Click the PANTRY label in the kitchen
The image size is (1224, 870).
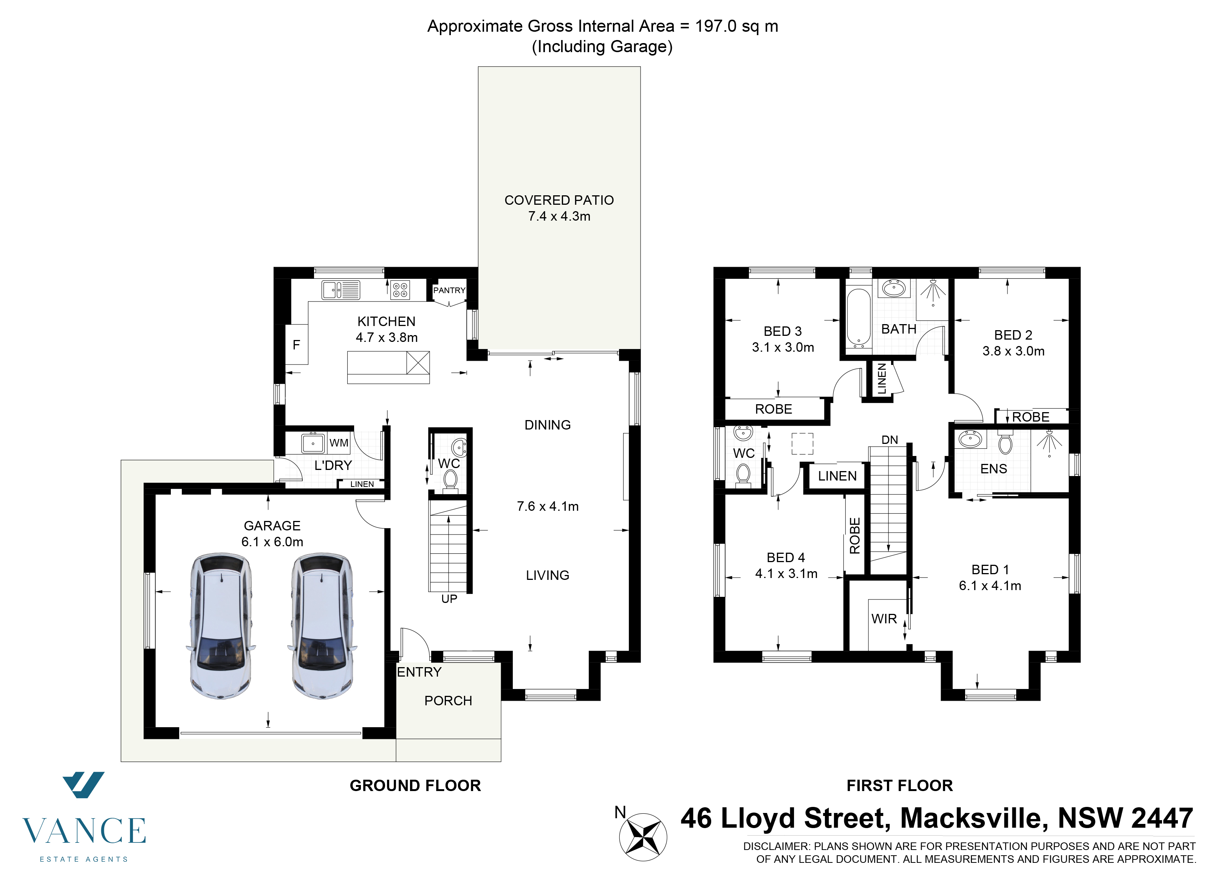pos(449,291)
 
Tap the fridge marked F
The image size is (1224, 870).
pos(296,345)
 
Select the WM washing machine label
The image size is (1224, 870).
pos(339,443)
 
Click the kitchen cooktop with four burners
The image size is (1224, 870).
pos(400,290)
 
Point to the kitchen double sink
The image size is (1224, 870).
pos(341,290)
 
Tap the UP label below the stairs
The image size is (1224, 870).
pos(449,599)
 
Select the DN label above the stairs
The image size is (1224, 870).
pos(890,440)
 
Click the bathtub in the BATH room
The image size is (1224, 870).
pos(859,318)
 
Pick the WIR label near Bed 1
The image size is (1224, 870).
pos(884,619)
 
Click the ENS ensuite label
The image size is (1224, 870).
pos(993,469)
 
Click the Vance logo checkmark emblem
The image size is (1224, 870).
pos(84,785)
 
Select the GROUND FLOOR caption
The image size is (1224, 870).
pos(415,785)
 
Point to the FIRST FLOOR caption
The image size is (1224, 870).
pos(900,785)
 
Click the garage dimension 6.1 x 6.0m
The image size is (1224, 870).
pos(272,542)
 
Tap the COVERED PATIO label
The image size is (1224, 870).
pos(559,200)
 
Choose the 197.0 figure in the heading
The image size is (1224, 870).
pos(716,26)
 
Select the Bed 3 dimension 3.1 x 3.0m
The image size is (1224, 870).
pos(783,347)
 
